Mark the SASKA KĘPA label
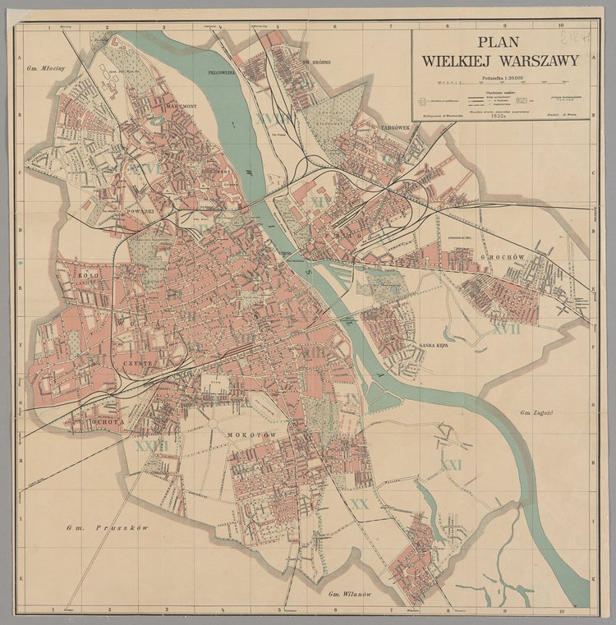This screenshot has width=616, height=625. (432, 346)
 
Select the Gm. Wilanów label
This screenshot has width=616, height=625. (351, 594)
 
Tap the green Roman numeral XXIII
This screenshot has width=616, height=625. (151, 446)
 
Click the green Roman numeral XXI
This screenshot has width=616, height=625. (451, 465)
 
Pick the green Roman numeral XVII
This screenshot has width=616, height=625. (507, 329)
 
